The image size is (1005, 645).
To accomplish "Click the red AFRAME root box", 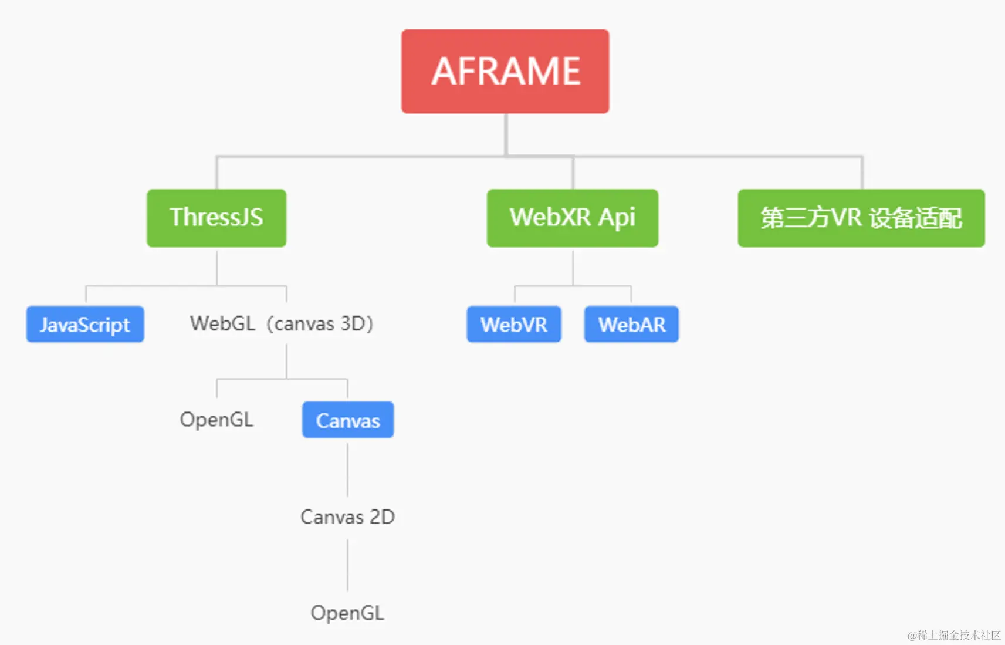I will coord(505,71).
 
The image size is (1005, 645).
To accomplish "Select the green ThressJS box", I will coord(216,218).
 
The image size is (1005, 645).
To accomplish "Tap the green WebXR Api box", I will coord(572,218).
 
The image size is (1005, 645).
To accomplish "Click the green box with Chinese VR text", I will coord(861,218).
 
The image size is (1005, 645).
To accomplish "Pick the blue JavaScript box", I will coord(85,324).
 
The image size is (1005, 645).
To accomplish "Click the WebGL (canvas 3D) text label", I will coord(282,323).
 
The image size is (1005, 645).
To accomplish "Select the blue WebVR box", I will coord(514,324).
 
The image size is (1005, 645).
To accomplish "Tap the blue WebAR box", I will coord(631,324).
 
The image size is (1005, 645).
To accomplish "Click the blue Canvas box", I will coord(348,420).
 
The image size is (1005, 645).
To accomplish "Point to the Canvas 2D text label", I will coord(347,516).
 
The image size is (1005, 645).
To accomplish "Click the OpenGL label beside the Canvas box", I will coord(216,420).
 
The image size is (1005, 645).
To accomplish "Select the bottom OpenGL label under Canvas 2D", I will coord(347,613).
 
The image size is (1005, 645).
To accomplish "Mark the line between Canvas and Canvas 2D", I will coord(347,470).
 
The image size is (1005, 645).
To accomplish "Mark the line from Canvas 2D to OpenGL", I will coord(347,565).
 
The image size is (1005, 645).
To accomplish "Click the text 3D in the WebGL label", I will coord(354,323).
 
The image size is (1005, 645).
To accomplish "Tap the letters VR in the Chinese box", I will coord(846,218).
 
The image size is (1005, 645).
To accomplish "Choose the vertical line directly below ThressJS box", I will coord(216,267).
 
